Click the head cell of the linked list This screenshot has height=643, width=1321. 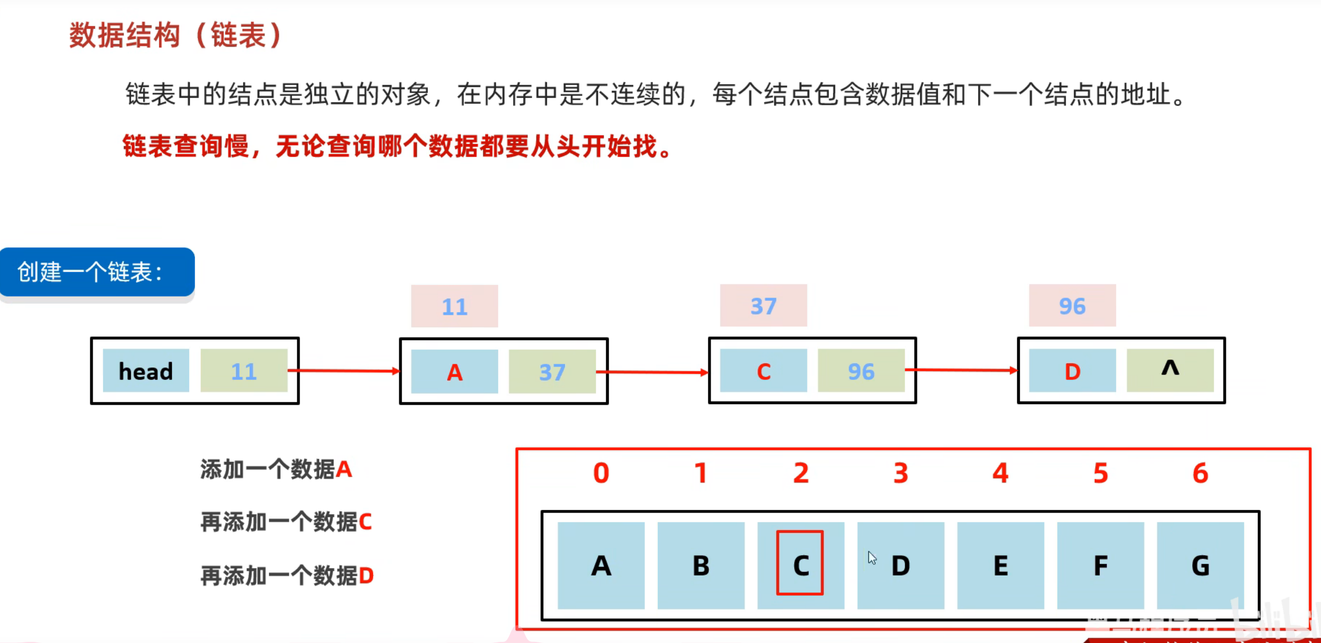tap(146, 371)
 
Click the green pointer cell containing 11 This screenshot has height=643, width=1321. tap(244, 371)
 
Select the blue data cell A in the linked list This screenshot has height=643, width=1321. tap(455, 371)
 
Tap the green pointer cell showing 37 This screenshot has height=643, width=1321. tap(552, 371)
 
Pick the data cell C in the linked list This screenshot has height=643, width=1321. tap(763, 371)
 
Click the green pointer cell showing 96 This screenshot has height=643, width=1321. tap(861, 371)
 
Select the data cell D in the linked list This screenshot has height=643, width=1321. tap(1072, 371)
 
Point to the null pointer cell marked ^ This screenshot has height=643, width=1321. tap(1170, 370)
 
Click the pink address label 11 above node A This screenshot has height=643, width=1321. tap(455, 306)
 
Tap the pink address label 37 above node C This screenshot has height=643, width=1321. tap(763, 306)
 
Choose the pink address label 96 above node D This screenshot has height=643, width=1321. tap(1072, 306)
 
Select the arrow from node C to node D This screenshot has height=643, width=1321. tap(962, 370)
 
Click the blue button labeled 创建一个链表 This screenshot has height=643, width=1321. tap(98, 272)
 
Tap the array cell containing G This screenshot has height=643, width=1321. tap(1200, 565)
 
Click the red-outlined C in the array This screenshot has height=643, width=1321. tap(800, 563)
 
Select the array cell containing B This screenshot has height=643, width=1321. tap(701, 565)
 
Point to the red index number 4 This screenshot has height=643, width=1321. tap(1000, 473)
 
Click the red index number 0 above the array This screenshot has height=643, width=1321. tap(601, 473)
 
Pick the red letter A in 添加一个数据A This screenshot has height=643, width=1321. tap(344, 469)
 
